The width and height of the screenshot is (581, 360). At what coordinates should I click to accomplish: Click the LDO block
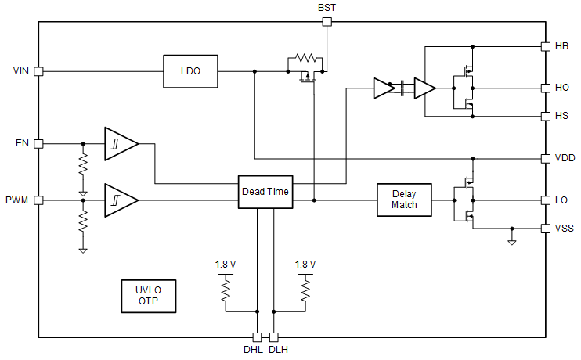pos(190,71)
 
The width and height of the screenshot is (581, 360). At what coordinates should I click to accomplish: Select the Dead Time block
pos(265,192)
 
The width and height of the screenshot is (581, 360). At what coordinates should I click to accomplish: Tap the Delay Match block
pos(403,200)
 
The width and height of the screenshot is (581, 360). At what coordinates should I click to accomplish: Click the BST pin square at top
pos(327,22)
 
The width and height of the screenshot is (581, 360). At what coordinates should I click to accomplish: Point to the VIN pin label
pos(21,71)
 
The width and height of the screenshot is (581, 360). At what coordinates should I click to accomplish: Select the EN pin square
pos(38,143)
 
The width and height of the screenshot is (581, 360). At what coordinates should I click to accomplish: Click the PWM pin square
pos(38,200)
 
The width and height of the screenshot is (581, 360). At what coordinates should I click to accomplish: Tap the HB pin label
pos(561,46)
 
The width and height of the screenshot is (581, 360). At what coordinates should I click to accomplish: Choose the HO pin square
pos(546,88)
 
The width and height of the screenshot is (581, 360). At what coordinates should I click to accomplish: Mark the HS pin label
pos(561,116)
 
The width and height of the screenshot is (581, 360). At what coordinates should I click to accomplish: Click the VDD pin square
pos(546,158)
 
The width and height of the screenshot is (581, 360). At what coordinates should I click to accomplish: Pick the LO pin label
pos(561,200)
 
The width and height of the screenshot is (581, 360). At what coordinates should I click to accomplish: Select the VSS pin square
pos(546,229)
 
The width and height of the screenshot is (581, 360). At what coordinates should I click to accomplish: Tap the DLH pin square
pos(274,337)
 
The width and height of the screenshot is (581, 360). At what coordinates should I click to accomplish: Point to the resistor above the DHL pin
pos(226,292)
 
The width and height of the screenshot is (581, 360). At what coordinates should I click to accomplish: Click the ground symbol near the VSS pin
pos(511,242)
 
